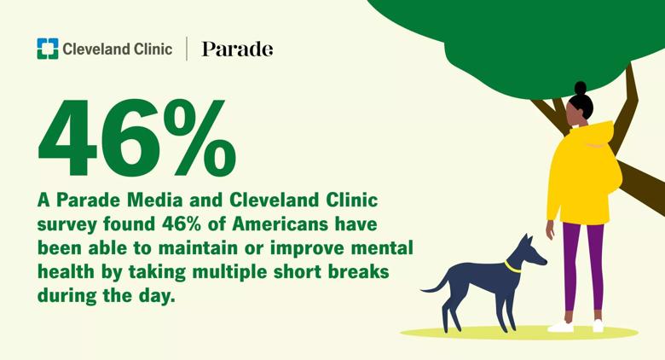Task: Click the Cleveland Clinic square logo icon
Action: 48,49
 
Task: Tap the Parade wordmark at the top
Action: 237,49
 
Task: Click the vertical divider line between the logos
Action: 187,49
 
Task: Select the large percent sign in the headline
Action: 199,137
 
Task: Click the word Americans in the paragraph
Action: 280,224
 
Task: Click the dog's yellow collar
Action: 512,267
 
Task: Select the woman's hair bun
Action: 581,89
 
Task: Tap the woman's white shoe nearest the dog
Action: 561,327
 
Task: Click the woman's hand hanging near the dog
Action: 550,229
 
